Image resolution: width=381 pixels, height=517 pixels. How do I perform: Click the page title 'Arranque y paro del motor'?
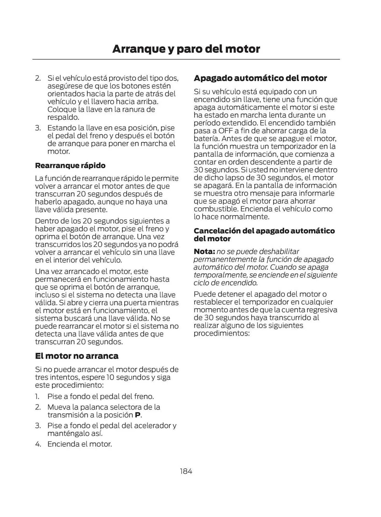pyautogui.click(x=186, y=49)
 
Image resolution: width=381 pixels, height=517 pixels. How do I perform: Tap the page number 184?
pyautogui.click(x=186, y=471)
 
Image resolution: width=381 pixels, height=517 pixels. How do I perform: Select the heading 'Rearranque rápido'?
pyautogui.click(x=70, y=165)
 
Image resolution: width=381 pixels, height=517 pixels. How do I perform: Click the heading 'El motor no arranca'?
pyautogui.click(x=77, y=356)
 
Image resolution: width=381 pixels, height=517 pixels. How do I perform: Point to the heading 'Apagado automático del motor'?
pyautogui.click(x=260, y=78)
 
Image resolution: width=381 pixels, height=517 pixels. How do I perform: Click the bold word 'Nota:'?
pyautogui.click(x=204, y=251)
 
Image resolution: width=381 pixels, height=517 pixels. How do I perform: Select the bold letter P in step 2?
pyautogui.click(x=138, y=415)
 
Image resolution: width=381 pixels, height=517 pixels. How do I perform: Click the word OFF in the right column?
pyautogui.click(x=225, y=131)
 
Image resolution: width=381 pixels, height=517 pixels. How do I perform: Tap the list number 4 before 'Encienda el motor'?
pyautogui.click(x=38, y=444)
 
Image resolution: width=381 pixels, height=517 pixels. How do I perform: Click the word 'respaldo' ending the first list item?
pyautogui.click(x=63, y=117)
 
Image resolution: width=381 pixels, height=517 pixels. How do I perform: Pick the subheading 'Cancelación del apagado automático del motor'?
pyautogui.click(x=264, y=234)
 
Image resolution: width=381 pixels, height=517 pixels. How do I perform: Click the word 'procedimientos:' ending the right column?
pyautogui.click(x=221, y=333)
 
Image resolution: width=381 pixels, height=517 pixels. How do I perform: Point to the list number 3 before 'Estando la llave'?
pyautogui.click(x=38, y=128)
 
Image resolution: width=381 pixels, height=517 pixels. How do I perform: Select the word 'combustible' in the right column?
pyautogui.click(x=215, y=209)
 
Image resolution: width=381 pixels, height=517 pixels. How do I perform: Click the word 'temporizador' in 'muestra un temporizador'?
pyautogui.click(x=292, y=147)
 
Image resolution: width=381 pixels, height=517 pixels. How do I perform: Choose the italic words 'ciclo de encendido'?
pyautogui.click(x=225, y=283)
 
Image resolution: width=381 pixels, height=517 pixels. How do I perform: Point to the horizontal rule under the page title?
pyautogui.click(x=186, y=59)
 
